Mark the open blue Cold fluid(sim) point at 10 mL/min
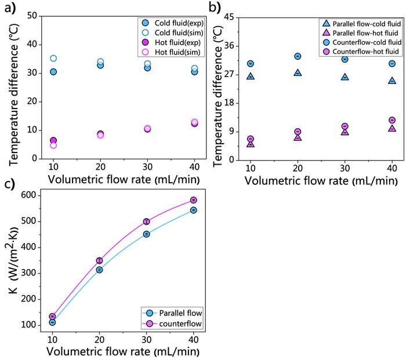click(53, 59)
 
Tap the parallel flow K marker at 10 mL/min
click(52, 322)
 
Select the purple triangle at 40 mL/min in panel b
click(392, 128)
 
